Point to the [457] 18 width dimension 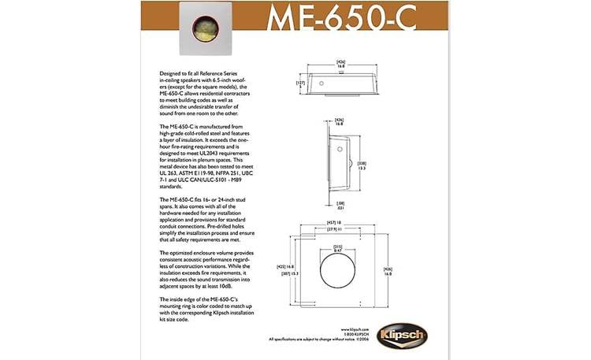tap(333, 223)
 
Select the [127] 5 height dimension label tap(299, 84)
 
